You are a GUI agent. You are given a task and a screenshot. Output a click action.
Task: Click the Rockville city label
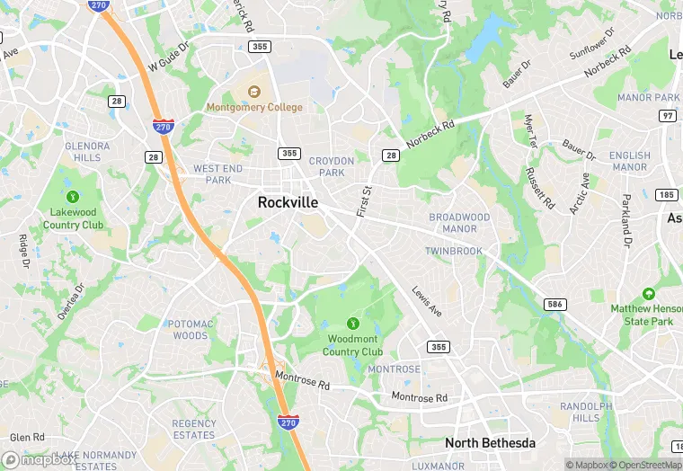point(288,202)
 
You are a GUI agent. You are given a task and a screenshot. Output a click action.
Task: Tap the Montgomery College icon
point(254,91)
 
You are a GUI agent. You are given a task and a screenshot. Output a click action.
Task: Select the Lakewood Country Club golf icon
point(73,196)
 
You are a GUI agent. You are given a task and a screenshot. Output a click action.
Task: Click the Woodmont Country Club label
point(353,345)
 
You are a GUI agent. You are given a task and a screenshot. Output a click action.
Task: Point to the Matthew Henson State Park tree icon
point(648,294)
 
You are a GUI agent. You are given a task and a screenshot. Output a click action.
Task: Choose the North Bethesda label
point(490,443)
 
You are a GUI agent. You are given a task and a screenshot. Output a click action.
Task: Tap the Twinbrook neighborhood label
point(454,250)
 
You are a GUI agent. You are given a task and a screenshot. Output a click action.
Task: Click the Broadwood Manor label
point(459,223)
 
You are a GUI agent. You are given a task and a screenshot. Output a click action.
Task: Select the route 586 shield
point(555,305)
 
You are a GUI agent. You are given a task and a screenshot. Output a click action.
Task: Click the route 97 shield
point(667,115)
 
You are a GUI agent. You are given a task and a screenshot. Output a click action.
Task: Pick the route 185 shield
point(666,194)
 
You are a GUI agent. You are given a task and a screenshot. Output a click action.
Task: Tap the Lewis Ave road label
point(427,301)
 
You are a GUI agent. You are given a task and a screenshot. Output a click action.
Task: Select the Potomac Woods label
point(189,329)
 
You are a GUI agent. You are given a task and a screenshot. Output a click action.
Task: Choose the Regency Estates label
point(193,430)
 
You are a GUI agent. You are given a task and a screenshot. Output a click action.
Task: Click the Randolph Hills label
point(580,412)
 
